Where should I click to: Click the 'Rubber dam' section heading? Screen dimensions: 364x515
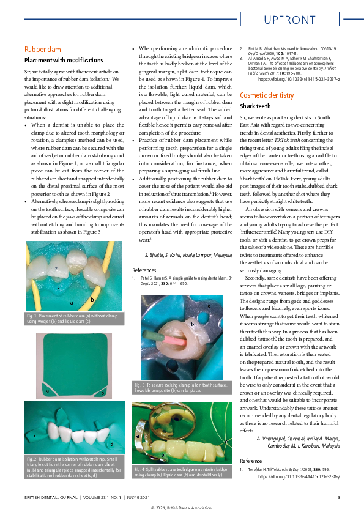coord(42,49)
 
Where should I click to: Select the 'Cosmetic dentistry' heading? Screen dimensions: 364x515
coord(267,95)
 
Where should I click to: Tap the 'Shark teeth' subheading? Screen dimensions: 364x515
coord(255,106)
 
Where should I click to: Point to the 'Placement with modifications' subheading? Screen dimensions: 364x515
coord(64,61)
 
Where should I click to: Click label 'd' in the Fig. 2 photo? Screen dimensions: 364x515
coord(111,444)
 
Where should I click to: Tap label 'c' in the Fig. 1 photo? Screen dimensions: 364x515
coord(58,286)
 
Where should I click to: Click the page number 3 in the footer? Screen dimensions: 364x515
coord(338,497)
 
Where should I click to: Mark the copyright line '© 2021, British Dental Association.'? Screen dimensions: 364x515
coord(182,508)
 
